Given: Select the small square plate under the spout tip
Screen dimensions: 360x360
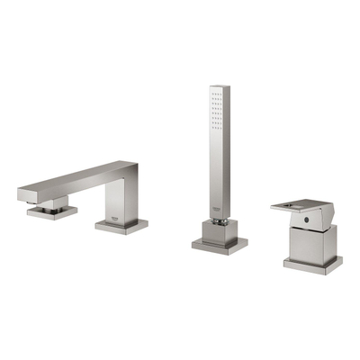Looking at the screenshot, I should pyautogui.click(x=51, y=212).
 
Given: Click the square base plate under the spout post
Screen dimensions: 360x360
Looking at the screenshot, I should pyautogui.click(x=120, y=226).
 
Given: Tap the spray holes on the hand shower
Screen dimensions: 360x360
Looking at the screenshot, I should pyautogui.click(x=215, y=107).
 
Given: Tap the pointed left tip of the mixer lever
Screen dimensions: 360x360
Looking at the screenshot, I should pyautogui.click(x=274, y=206).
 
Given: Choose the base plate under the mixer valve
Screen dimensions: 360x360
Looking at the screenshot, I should pyautogui.click(x=312, y=264).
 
